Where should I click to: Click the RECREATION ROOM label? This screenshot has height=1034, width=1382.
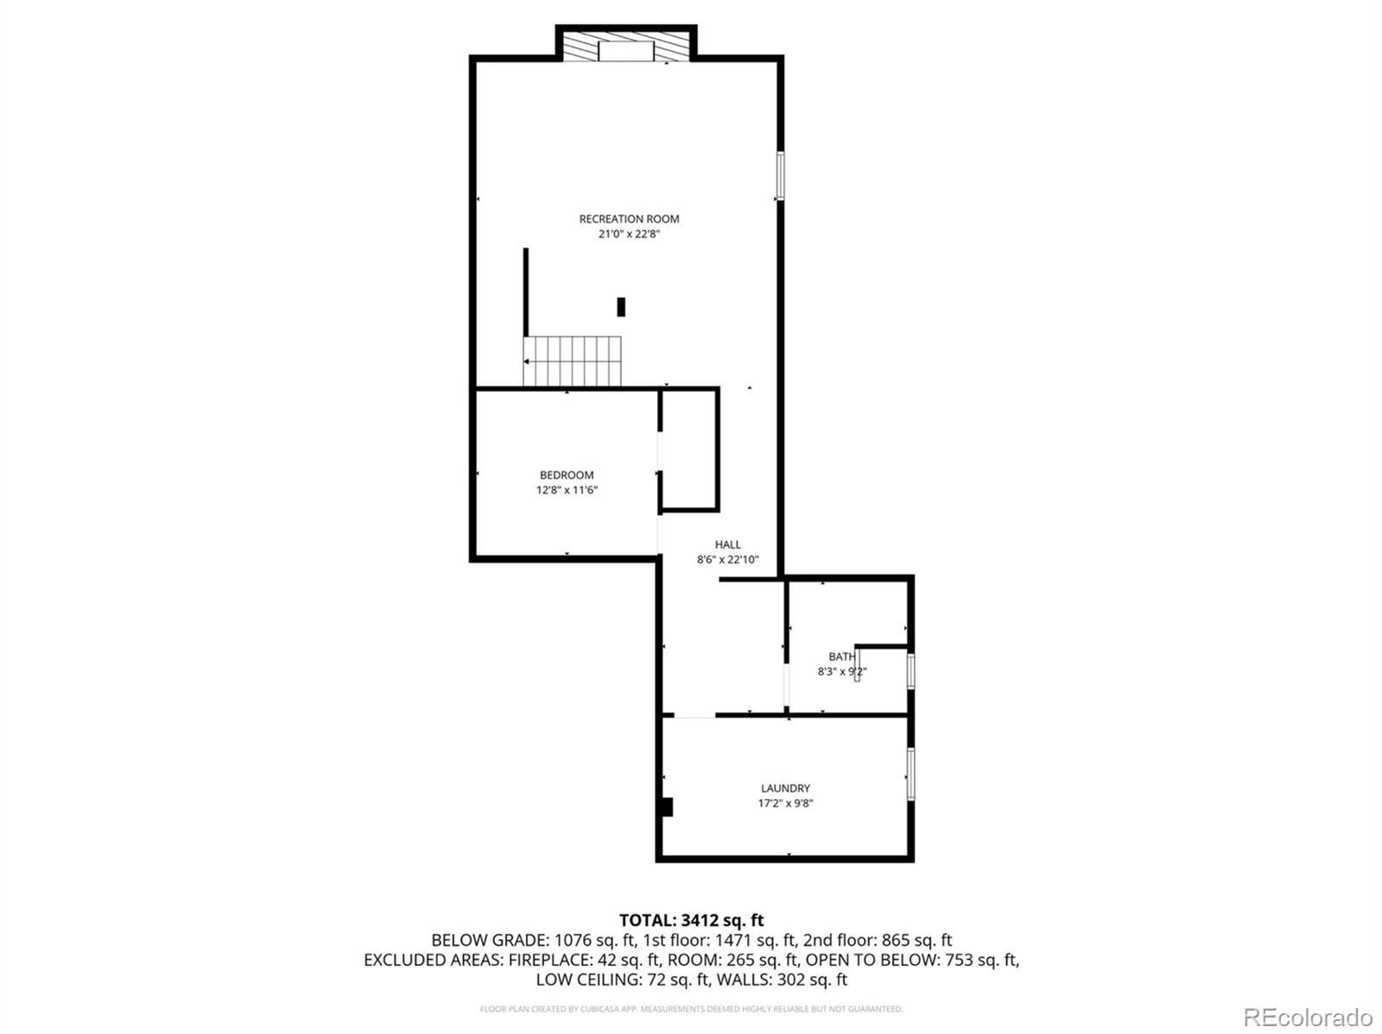[629, 219]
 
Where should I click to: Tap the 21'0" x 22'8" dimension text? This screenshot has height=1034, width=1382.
[629, 234]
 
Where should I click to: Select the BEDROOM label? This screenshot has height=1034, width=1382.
[567, 475]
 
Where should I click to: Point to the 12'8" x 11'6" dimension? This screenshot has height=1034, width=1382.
[567, 490]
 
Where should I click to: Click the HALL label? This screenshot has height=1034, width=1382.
[727, 545]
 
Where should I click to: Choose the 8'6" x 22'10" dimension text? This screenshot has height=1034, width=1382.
[727, 560]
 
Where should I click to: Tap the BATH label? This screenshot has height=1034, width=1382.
[840, 657]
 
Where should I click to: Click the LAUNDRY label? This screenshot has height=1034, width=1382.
[785, 789]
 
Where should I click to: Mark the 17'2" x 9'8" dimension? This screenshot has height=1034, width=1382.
[785, 803]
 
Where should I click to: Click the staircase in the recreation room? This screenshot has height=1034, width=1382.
[572, 361]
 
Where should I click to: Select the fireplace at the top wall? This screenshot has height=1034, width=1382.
[626, 48]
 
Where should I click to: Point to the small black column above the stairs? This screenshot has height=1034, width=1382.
[621, 307]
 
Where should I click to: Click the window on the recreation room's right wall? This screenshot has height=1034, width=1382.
[780, 176]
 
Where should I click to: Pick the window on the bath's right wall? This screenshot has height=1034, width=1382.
[910, 671]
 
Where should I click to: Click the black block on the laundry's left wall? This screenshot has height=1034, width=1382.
[666, 807]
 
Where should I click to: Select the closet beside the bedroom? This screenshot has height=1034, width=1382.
[690, 450]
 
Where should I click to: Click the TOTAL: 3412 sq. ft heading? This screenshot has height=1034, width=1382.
[691, 921]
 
